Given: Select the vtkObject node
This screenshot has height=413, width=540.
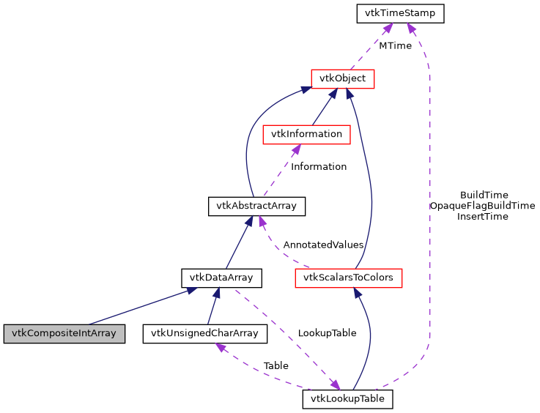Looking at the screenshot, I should tap(343, 78).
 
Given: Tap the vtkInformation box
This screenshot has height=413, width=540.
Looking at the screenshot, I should tap(306, 134).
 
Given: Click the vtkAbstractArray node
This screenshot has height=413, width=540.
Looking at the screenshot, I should tap(256, 206).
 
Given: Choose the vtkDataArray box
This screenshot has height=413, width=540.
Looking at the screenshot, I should tap(221, 278).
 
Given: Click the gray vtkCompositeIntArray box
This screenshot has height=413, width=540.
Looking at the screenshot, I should tap(63, 333).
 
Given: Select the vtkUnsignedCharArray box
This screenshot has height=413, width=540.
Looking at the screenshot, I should tap(204, 333).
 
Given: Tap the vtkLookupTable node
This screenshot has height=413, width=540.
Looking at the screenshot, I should tap(348, 399).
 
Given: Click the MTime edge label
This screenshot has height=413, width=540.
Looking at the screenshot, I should tap(395, 45).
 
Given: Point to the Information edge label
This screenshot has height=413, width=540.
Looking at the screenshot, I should tap(319, 166).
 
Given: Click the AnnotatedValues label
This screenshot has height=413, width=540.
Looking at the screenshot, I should tap(323, 245).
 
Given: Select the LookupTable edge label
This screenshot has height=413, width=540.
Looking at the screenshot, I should tap(327, 332).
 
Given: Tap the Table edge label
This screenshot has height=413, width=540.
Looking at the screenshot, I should tap(275, 365).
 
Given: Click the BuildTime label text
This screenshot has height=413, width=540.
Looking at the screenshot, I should tap(484, 195).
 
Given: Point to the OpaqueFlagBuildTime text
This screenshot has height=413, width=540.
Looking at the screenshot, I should tap(482, 206).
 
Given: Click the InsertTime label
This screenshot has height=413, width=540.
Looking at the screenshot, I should tap(482, 217).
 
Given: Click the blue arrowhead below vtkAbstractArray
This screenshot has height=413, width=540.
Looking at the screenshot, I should tap(248, 220).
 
